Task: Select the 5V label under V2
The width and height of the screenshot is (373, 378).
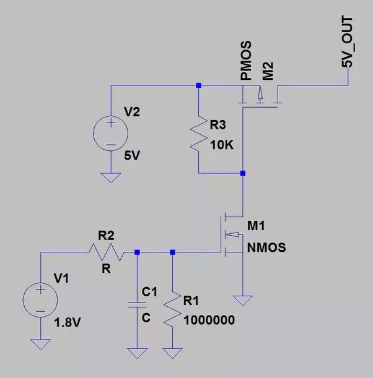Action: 133,155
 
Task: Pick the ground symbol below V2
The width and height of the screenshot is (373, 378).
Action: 111,178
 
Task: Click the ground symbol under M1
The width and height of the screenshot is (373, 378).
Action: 243,301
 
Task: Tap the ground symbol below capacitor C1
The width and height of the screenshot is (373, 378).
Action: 136,353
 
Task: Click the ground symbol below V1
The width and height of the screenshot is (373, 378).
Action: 41,344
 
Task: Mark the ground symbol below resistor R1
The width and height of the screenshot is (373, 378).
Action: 172,353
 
